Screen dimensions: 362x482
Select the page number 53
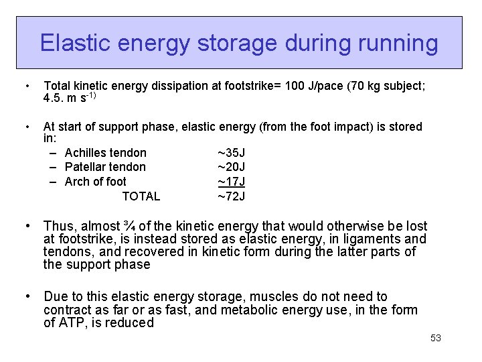[x=436, y=338]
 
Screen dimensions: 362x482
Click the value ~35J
[x=231, y=153]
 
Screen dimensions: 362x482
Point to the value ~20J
[x=231, y=167]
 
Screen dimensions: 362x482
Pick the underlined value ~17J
[x=231, y=182]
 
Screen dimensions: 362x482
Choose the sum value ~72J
[x=231, y=196]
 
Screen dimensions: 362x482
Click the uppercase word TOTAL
[x=141, y=196]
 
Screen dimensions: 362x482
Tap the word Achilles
[x=89, y=153]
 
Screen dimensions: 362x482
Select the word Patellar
[x=88, y=167]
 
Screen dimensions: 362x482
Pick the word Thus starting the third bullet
[x=58, y=226]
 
